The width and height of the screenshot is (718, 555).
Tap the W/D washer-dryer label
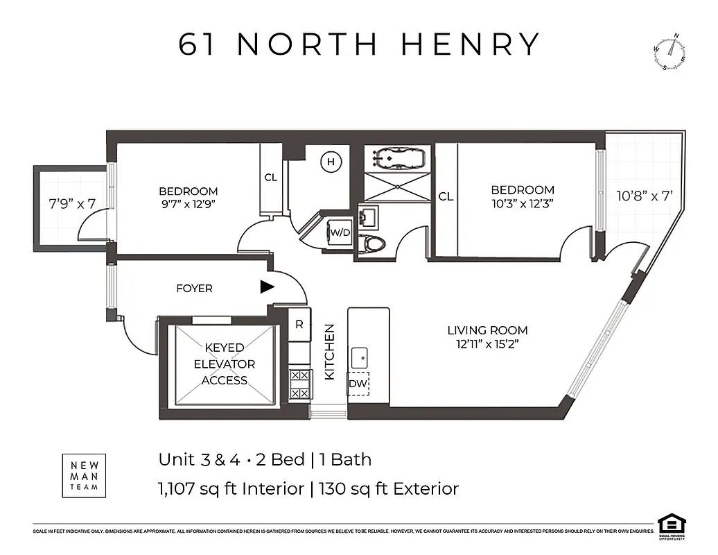[340, 232]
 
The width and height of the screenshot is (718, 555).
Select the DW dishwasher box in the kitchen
[358, 384]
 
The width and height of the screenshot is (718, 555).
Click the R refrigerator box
[299, 324]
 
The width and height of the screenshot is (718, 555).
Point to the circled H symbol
[331, 162]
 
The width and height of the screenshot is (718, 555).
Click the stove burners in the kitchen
[299, 384]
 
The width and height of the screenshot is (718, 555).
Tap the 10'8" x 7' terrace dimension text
[645, 196]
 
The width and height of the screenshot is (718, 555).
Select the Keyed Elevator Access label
[225, 364]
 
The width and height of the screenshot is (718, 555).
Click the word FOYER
[194, 288]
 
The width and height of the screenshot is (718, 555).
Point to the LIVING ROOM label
[487, 330]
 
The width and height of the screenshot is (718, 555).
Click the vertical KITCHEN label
[330, 352]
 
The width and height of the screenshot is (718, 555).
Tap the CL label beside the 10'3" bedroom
[446, 196]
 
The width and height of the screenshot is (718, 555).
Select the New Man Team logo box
[85, 475]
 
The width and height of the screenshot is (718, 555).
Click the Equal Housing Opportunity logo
[669, 525]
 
